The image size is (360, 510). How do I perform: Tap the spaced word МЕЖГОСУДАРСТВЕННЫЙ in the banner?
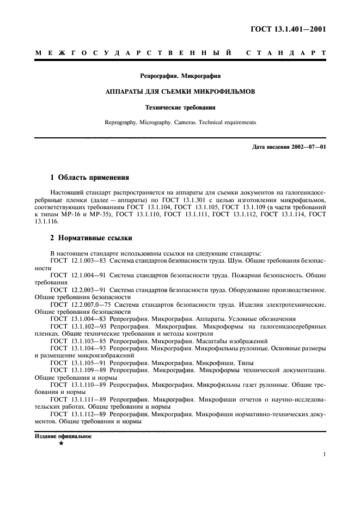coord(134,53)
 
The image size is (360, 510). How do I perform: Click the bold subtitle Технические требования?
coord(180,107)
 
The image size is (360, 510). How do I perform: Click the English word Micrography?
coord(158,123)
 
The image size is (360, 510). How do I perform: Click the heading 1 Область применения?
coord(89,178)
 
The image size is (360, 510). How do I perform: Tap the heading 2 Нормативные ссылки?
coord(89,238)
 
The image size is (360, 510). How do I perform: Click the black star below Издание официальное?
coord(61,445)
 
